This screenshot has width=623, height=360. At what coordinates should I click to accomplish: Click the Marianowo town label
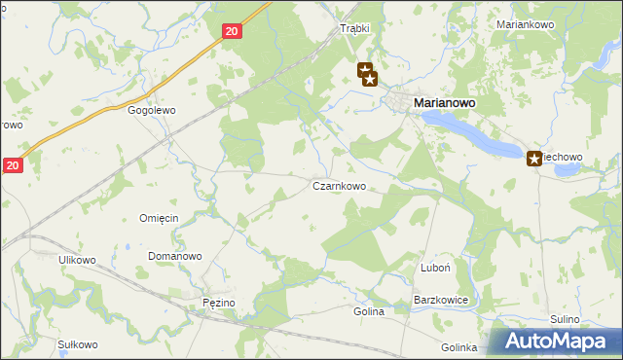[x=451, y=102]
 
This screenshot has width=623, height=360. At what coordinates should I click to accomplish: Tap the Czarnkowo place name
[x=339, y=186]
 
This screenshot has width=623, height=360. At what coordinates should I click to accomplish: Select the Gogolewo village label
[x=151, y=111]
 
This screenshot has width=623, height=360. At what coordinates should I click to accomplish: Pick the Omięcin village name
[x=159, y=218]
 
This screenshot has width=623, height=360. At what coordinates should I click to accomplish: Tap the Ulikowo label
[x=77, y=260]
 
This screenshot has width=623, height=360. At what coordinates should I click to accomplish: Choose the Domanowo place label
[x=174, y=257]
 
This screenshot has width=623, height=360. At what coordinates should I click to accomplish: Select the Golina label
[x=369, y=312]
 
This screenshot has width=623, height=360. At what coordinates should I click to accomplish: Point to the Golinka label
[x=458, y=347]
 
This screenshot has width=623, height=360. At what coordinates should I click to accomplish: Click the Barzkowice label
[x=442, y=301]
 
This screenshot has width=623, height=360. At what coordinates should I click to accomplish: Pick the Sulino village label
[x=565, y=319]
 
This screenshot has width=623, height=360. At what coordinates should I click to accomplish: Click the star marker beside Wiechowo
[x=534, y=158]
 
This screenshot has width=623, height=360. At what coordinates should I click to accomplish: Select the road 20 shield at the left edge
[x=11, y=166]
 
